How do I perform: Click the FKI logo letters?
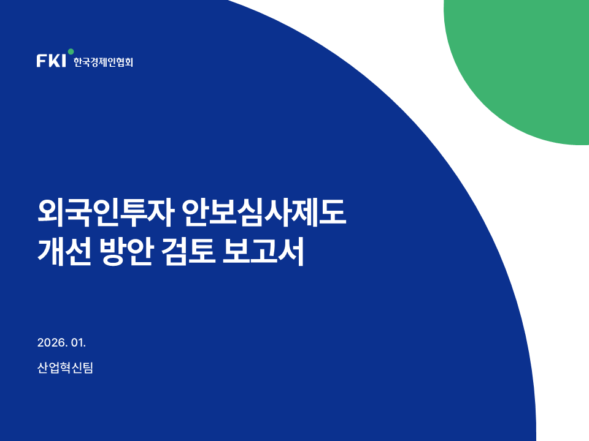pyautogui.click(x=51, y=61)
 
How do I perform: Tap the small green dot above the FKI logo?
pyautogui.click(x=71, y=51)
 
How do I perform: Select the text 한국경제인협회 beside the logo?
pyautogui.click(x=103, y=62)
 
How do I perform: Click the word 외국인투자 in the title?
pyautogui.click(x=106, y=213)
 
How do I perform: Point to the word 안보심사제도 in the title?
pyautogui.click(x=264, y=213)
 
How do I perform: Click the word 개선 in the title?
pyautogui.click(x=64, y=252)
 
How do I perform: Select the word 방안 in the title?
pyautogui.click(x=126, y=252)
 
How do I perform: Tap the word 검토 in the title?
pyautogui.click(x=188, y=252)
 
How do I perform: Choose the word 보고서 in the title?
pyautogui.click(x=263, y=252)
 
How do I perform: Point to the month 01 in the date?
pyautogui.click(x=78, y=343)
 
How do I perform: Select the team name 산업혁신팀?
pyautogui.click(x=65, y=367)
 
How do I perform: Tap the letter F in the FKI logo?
pyautogui.click(x=41, y=61)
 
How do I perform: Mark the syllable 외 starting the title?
pyautogui.click(x=51, y=213)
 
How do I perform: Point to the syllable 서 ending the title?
pyautogui.click(x=291, y=252)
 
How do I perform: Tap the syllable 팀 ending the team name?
pyautogui.click(x=88, y=367)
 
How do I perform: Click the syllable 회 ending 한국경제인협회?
pyautogui.click(x=129, y=62)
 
